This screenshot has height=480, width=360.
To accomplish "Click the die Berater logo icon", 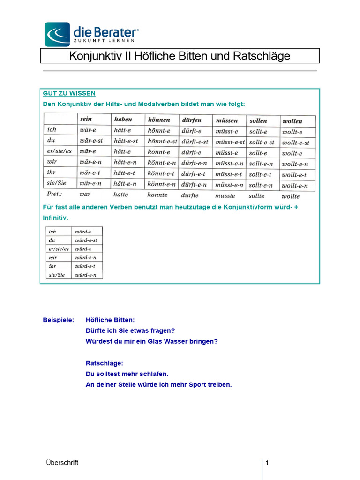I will point(57,34).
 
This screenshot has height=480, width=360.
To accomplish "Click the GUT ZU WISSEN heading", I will point(69,93).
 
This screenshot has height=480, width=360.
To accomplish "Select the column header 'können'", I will point(159,120).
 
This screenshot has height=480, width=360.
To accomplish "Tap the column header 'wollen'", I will point(292,121).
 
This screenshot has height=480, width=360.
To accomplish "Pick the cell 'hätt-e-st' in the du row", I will point(126,141).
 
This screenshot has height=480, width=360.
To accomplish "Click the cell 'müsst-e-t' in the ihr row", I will point(229,174).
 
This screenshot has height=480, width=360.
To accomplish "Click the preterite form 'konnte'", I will point(157,195).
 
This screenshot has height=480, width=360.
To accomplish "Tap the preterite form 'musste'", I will point(225,195).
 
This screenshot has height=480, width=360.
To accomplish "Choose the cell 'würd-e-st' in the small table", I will point(86,240).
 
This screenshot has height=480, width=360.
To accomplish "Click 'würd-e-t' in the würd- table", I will point(85,266).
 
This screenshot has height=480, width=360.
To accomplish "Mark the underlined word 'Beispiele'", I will point(58,320).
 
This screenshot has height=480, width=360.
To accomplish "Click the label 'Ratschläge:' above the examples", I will point(105,363).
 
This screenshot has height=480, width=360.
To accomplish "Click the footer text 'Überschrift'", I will point(62,463).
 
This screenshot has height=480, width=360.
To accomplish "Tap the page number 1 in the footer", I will point(267,463).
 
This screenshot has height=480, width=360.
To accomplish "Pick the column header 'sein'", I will point(86,119).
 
